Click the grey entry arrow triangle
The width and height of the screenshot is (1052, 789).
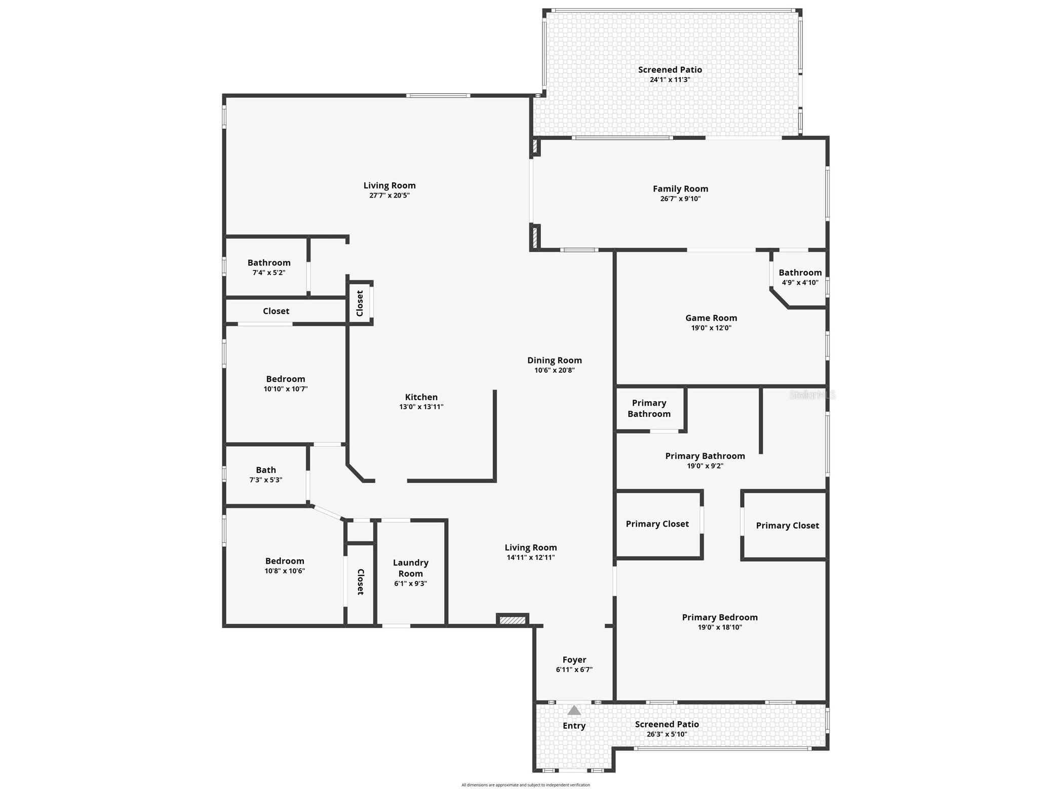pyautogui.click(x=574, y=710)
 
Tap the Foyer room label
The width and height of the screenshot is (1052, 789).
pyautogui.click(x=574, y=659)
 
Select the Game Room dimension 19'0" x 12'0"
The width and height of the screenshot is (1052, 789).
pyautogui.click(x=711, y=328)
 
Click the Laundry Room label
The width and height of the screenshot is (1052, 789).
pyautogui.click(x=410, y=568)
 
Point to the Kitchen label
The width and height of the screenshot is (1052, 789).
pyautogui.click(x=421, y=397)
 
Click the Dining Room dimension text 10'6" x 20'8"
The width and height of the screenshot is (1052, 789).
pyautogui.click(x=554, y=370)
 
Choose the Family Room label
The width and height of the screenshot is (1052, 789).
pyautogui.click(x=680, y=188)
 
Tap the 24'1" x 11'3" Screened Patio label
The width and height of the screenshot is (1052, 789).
pyautogui.click(x=670, y=70)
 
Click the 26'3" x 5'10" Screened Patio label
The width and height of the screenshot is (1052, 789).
pyautogui.click(x=667, y=724)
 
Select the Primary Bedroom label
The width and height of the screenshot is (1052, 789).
pyautogui.click(x=719, y=617)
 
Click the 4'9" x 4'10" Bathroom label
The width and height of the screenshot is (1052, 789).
pyautogui.click(x=800, y=272)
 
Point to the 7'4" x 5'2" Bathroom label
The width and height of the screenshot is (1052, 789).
pyautogui.click(x=269, y=262)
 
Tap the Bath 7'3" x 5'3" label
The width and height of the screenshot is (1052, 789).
pyautogui.click(x=265, y=470)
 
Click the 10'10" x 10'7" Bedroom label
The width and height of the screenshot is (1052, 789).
pyautogui.click(x=285, y=379)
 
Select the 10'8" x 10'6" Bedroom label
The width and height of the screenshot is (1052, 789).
pyautogui.click(x=285, y=561)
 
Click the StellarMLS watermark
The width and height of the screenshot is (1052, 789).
pyautogui.click(x=812, y=395)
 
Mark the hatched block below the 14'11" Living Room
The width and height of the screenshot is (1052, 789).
pyautogui.click(x=512, y=620)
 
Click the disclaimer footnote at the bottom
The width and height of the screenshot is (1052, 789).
pyautogui.click(x=525, y=785)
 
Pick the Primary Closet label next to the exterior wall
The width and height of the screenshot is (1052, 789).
pyautogui.click(x=787, y=525)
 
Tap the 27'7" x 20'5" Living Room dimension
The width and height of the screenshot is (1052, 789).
pyautogui.click(x=389, y=195)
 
